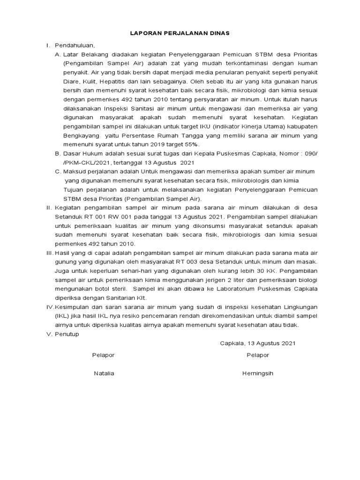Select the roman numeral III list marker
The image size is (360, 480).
pos(49,253)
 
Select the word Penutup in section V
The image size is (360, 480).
pos(67,334)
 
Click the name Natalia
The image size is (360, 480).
pos(104,374)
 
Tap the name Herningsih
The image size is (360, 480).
pos(258,374)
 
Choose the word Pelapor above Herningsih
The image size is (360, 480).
pos(258,355)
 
